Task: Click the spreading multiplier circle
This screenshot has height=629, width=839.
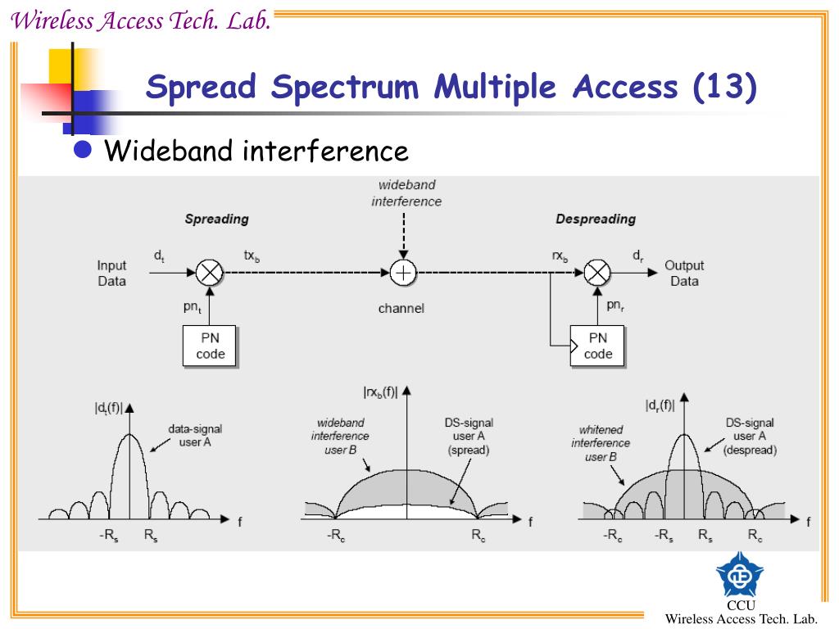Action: pyautogui.click(x=211, y=272)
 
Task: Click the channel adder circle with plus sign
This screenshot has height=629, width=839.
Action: pyautogui.click(x=403, y=272)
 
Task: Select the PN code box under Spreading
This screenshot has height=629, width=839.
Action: pyautogui.click(x=211, y=346)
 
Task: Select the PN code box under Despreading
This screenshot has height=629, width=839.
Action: pyautogui.click(x=598, y=346)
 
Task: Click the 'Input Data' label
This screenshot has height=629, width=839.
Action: pyautogui.click(x=112, y=273)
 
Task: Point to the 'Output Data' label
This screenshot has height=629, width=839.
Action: pyautogui.click(x=684, y=273)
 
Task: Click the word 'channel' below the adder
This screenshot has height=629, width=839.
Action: pyautogui.click(x=401, y=309)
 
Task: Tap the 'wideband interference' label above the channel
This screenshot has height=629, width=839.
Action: pyautogui.click(x=406, y=193)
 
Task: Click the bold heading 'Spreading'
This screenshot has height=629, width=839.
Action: pyautogui.click(x=216, y=219)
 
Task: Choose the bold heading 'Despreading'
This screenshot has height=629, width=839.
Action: pyautogui.click(x=596, y=219)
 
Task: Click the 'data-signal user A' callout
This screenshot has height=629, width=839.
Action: pyautogui.click(x=195, y=435)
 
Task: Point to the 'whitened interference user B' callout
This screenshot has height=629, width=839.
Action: pyautogui.click(x=601, y=443)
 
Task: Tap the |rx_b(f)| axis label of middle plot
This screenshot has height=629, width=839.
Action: pyautogui.click(x=380, y=393)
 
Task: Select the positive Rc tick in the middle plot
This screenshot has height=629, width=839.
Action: pyautogui.click(x=479, y=536)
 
